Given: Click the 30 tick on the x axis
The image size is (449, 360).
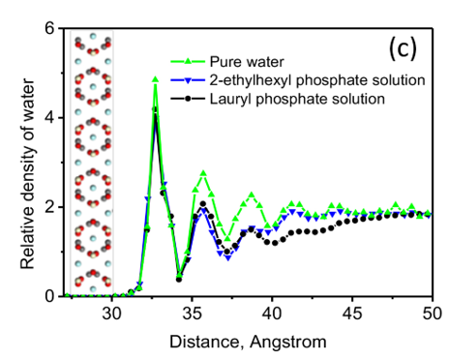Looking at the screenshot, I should pyautogui.click(x=111, y=314).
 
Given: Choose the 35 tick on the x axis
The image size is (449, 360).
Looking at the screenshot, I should pyautogui.click(x=192, y=314).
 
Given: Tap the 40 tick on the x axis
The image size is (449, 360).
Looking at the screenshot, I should pyautogui.click(x=272, y=314).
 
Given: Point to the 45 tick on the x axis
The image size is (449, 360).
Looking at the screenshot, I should pyautogui.click(x=352, y=314).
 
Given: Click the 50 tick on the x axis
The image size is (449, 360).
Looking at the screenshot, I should pyautogui.click(x=431, y=314).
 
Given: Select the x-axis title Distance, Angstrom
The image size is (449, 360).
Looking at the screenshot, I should pyautogui.click(x=247, y=342).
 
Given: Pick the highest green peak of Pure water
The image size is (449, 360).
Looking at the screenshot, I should pyautogui.click(x=155, y=80).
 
